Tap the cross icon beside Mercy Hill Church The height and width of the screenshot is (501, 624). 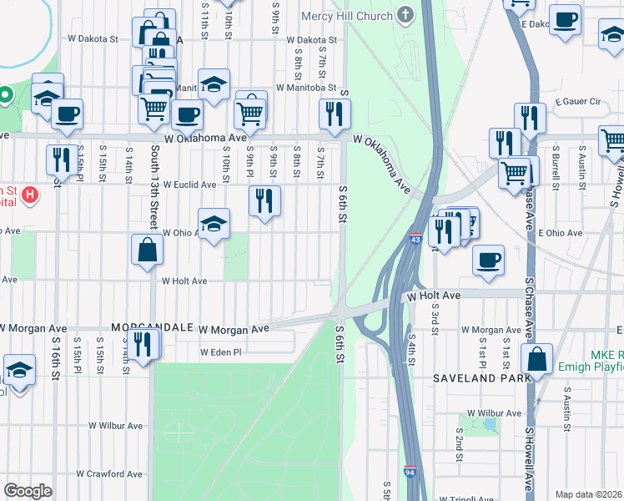click(x=405, y=14)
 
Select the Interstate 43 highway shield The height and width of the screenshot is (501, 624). click(x=415, y=240)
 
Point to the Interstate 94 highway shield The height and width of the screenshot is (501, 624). click(x=410, y=473)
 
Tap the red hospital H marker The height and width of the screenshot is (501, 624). click(x=30, y=195)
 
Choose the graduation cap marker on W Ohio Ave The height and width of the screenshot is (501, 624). click(x=214, y=222)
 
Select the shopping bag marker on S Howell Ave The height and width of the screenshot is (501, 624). click(x=537, y=358)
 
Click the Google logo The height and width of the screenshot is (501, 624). click(x=28, y=490)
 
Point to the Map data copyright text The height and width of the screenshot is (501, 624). click(x=588, y=494)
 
